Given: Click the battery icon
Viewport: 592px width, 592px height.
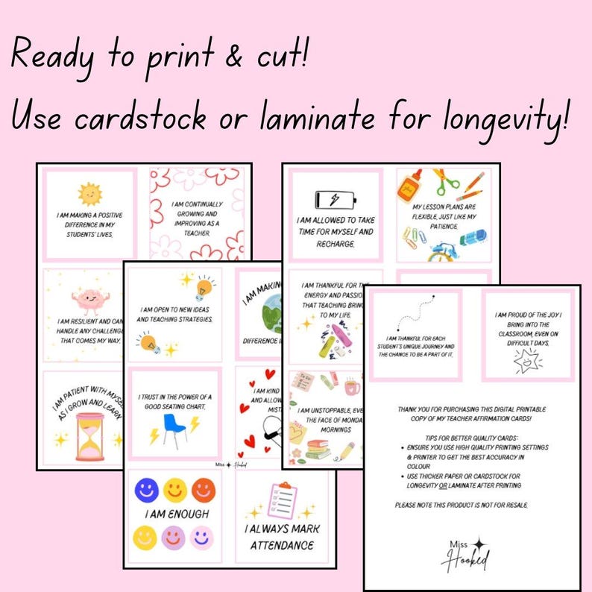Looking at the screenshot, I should click(336, 199).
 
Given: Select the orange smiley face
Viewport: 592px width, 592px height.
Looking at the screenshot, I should click(202, 491).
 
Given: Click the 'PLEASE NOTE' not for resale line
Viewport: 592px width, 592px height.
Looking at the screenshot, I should click(462, 505).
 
